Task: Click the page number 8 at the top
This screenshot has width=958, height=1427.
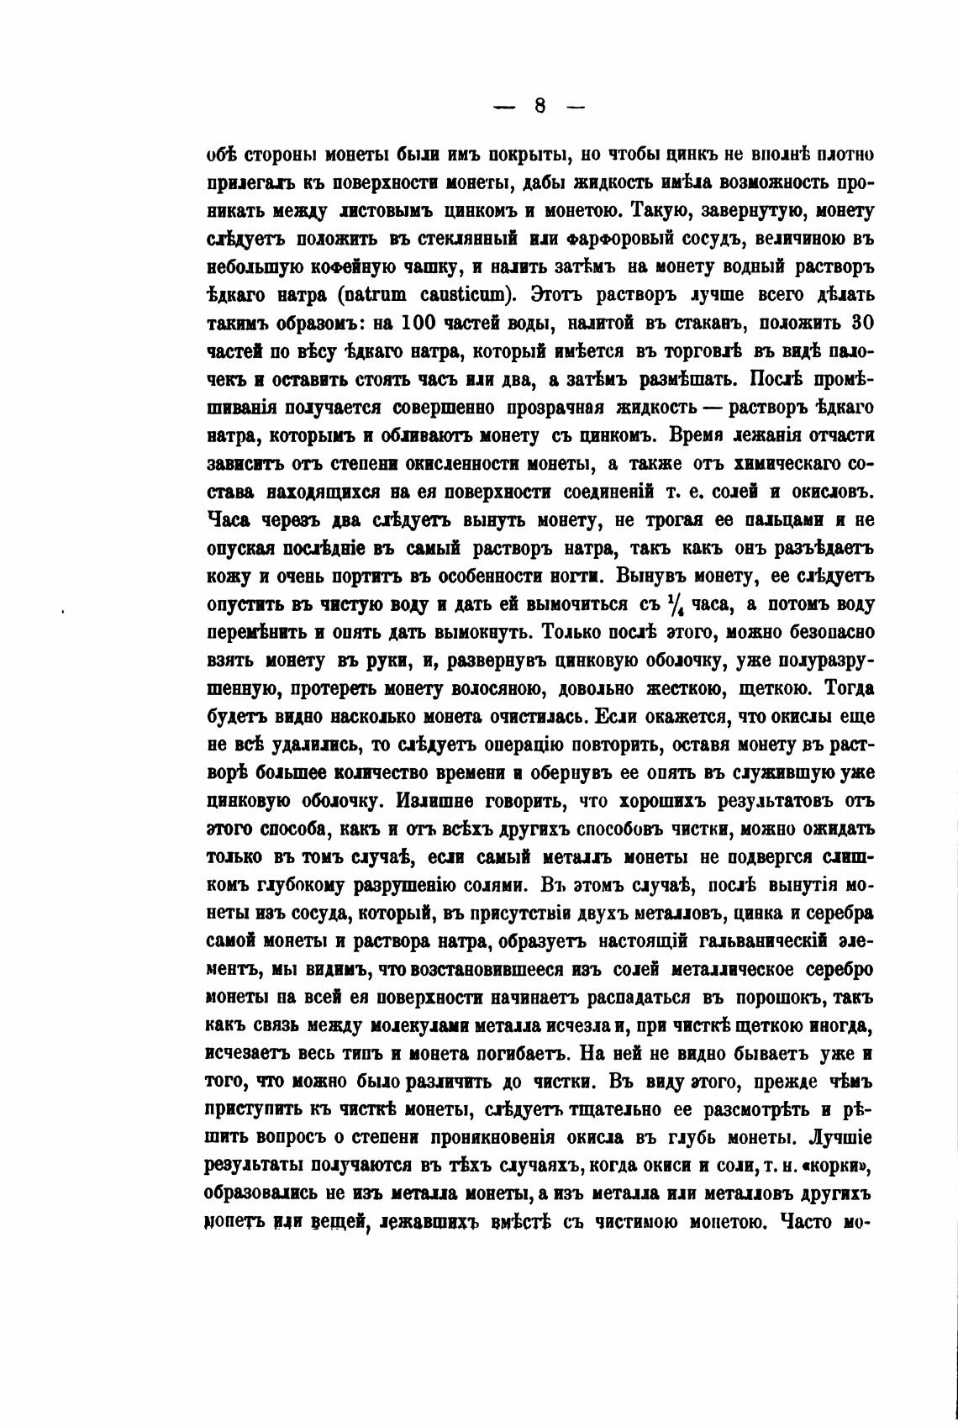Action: point(539,106)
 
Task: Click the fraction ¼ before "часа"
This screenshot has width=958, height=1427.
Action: point(676,604)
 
